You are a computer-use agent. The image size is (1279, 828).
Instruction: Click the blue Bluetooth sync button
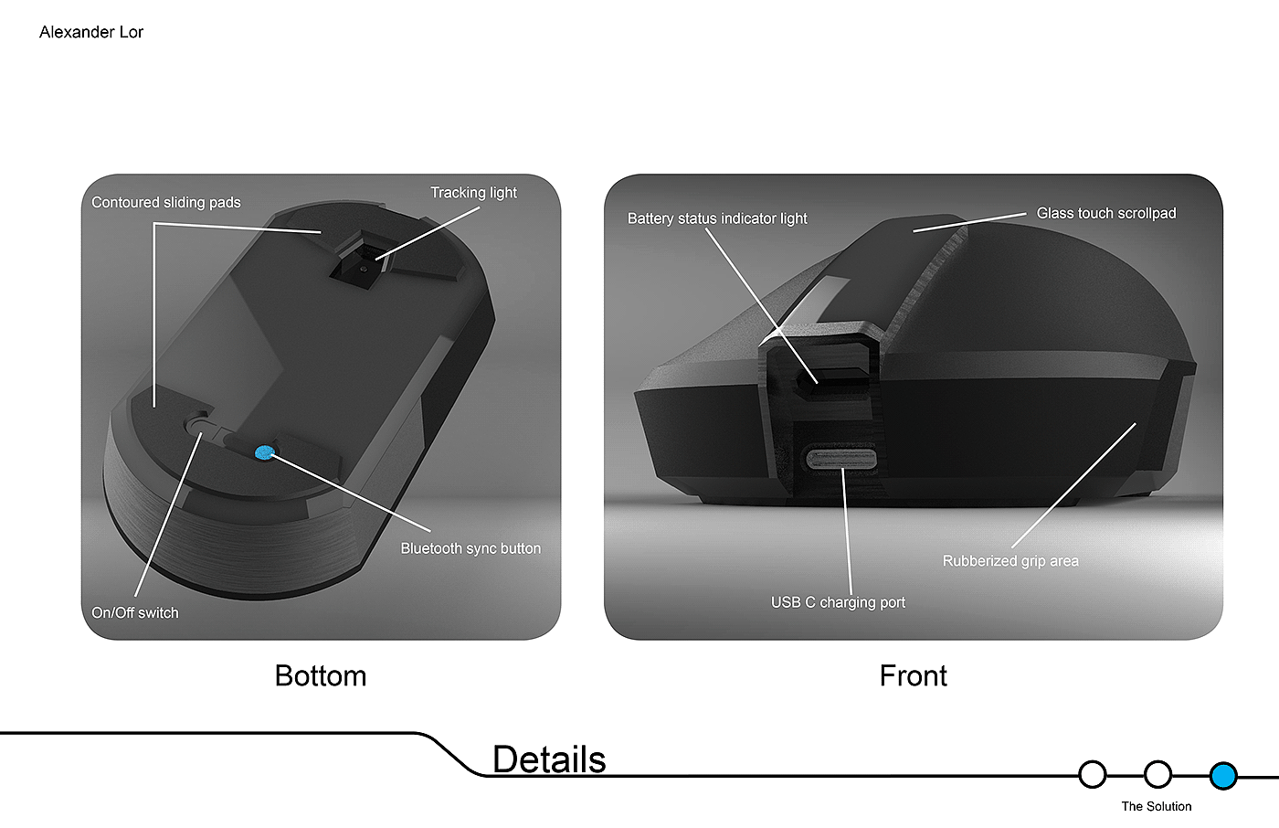click(264, 451)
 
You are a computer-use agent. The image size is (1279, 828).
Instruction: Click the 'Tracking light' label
click(473, 193)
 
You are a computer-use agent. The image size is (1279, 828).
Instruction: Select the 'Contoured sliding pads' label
click(166, 203)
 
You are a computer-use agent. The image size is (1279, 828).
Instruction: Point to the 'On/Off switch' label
click(135, 613)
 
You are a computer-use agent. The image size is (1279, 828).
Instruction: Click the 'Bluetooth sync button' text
click(470, 548)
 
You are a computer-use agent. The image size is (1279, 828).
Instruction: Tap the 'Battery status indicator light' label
click(717, 218)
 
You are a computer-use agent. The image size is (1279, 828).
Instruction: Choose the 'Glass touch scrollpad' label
click(1106, 214)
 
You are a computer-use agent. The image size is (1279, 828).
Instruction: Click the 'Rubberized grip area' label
click(1010, 561)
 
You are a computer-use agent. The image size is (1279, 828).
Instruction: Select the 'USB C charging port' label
click(838, 602)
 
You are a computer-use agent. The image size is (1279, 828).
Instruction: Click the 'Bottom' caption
click(321, 676)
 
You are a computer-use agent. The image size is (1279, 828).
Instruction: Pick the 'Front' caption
click(913, 676)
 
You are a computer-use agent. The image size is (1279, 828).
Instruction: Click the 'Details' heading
click(549, 759)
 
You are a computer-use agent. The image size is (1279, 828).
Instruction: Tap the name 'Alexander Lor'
click(91, 32)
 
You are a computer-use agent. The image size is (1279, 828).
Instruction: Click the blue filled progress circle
click(1222, 775)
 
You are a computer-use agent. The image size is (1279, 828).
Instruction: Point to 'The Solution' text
click(1156, 806)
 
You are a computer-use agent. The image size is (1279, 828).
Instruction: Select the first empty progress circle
click(1092, 775)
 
